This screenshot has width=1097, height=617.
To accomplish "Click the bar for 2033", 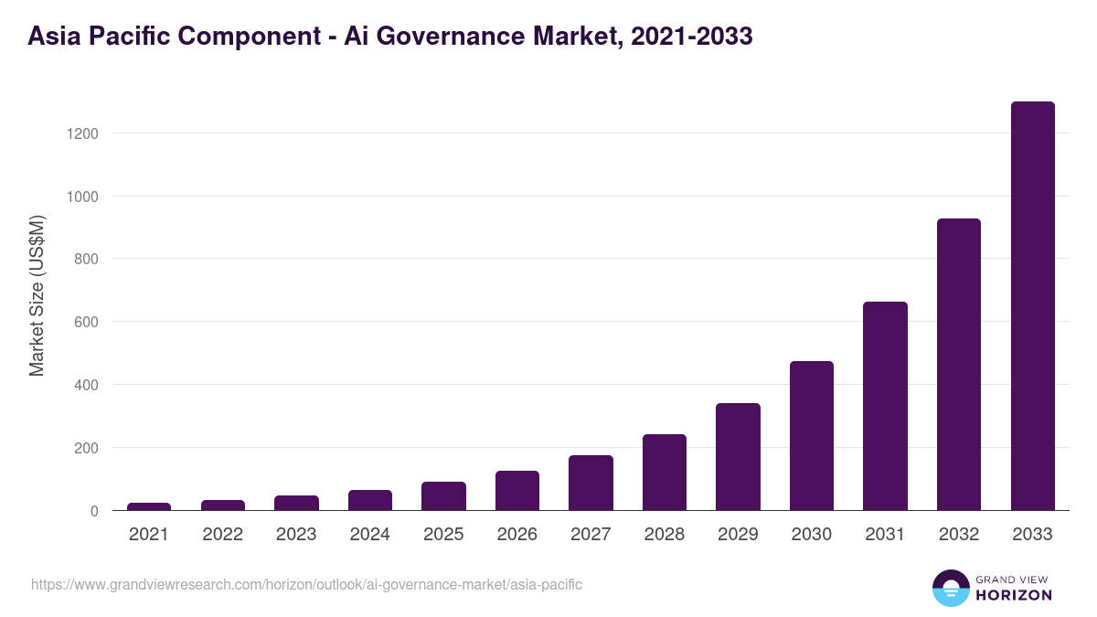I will pyautogui.click(x=1032, y=306).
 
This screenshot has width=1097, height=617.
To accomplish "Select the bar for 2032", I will pyautogui.click(x=959, y=365).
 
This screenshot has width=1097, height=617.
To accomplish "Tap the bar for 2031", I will pyautogui.click(x=885, y=406).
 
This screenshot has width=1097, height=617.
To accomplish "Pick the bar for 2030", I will pyautogui.click(x=812, y=436).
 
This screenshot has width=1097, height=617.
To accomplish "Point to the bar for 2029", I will pyautogui.click(x=738, y=457).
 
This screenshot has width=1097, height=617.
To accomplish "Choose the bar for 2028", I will pyautogui.click(x=665, y=473).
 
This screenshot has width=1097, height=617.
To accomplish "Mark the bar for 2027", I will pyautogui.click(x=591, y=483).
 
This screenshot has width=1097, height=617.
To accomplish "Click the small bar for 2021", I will pyautogui.click(x=149, y=506).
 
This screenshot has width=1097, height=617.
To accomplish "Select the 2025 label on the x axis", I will pyautogui.click(x=443, y=535).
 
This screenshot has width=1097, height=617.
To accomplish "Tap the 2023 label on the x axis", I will pyautogui.click(x=296, y=535).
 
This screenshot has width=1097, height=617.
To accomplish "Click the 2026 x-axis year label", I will pyautogui.click(x=517, y=535).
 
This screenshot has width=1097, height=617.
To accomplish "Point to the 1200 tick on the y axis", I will pyautogui.click(x=82, y=133).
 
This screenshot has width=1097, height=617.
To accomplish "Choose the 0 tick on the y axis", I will pyautogui.click(x=94, y=511).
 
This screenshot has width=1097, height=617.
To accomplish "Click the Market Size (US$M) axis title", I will pyautogui.click(x=37, y=295).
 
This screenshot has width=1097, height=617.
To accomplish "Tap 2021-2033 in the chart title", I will pyautogui.click(x=692, y=37).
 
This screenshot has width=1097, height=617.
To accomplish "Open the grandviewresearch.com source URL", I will pyautogui.click(x=306, y=584).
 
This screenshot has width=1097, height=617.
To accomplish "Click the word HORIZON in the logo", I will pyautogui.click(x=1013, y=595).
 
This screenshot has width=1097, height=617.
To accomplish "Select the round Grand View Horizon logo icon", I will pyautogui.click(x=950, y=588).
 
